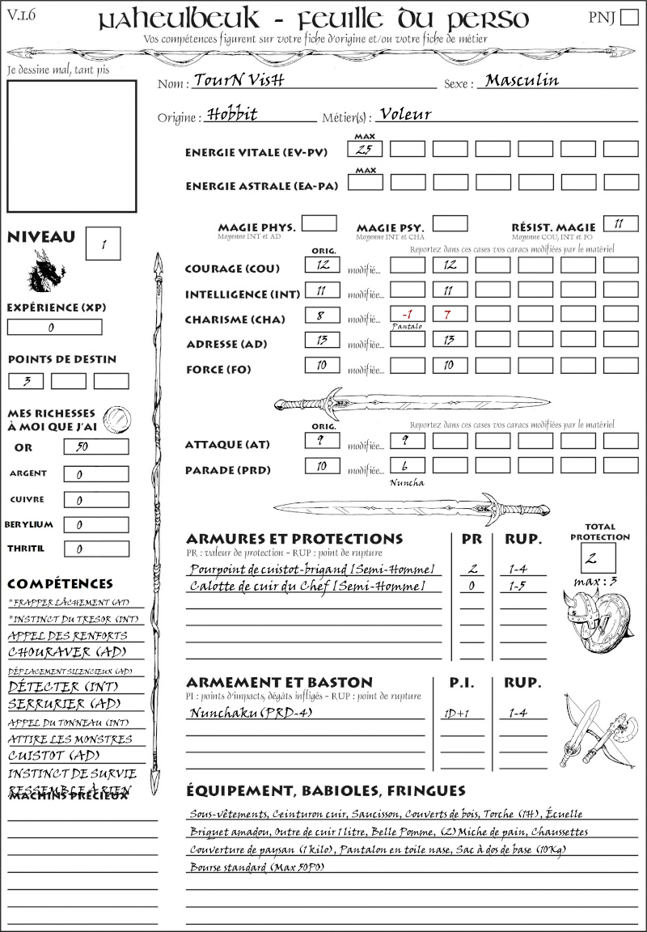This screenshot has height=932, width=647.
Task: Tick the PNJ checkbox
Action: pos(628,18)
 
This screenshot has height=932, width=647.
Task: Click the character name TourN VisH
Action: pos(239,81)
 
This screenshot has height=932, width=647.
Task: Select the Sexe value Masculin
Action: pos(522,80)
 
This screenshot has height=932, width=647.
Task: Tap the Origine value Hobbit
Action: pos(232,114)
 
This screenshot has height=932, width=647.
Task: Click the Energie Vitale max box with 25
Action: pos(365,149)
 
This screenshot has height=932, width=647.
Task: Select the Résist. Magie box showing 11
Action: pos(620,223)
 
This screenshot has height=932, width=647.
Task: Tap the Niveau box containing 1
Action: pos(103,244)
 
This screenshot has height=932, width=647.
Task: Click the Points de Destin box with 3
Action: pos(26,381)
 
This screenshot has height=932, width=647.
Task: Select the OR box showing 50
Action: pos(95,447)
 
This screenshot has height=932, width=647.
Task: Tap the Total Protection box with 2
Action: pos(598,557)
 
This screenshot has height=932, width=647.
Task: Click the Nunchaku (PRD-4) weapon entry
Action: pos(250,713)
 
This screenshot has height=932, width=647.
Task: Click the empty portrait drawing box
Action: pos(71,145)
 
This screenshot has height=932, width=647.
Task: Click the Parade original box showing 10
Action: pos(322,465)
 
